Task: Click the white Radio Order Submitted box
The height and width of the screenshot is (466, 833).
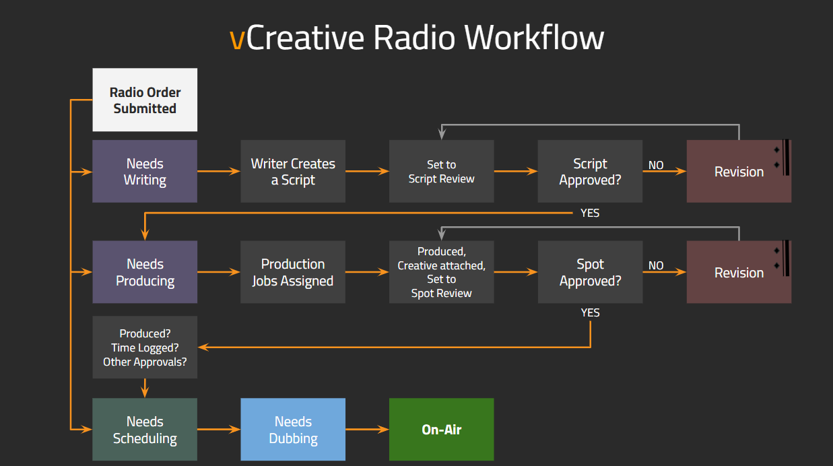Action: coord(145,100)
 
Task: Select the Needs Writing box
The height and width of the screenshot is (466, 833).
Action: coord(145,172)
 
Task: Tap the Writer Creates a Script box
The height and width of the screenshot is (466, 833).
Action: coord(293,172)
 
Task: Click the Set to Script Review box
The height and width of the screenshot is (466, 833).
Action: coord(441,172)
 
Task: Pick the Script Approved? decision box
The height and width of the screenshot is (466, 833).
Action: coord(590,172)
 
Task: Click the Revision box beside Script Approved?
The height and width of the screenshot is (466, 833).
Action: coord(739,172)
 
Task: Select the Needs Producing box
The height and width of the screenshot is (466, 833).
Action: coord(145,272)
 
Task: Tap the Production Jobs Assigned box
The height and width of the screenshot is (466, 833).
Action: coord(293,272)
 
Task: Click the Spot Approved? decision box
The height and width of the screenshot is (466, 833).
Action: coord(590,272)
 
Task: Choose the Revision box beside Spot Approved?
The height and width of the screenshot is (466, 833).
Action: coord(739,272)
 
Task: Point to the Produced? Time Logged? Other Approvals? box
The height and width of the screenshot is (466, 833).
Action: coord(145,347)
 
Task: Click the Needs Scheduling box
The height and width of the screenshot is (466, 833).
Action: coord(145,430)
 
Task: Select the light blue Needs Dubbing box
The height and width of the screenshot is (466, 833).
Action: coord(293,430)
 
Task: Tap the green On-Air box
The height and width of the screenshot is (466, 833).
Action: coord(441,430)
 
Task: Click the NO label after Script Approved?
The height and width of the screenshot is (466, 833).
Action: coord(656,165)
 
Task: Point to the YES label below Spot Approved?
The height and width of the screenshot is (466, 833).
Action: coord(590,312)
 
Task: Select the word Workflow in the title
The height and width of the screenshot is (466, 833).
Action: coord(535,37)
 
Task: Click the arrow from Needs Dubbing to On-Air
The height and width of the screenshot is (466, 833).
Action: coord(368,430)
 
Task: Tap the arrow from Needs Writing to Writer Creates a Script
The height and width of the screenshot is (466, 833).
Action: coord(219,172)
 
